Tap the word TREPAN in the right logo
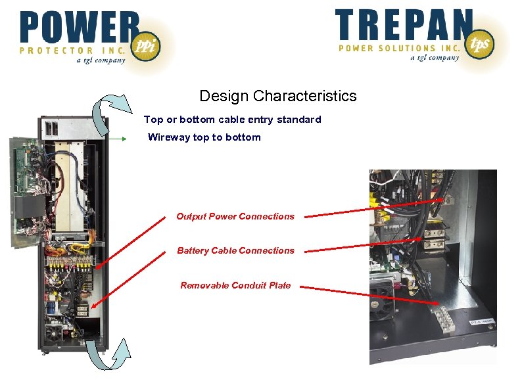coord(403,25)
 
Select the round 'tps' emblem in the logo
coord(479,43)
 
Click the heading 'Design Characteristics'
coord(278,96)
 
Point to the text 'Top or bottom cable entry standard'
coord(233,120)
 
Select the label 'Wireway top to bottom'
coord(204,137)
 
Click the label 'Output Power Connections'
coord(235,216)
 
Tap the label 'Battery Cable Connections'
coord(235,250)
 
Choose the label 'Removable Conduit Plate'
coord(235,285)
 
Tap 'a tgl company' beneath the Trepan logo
coord(435,58)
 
